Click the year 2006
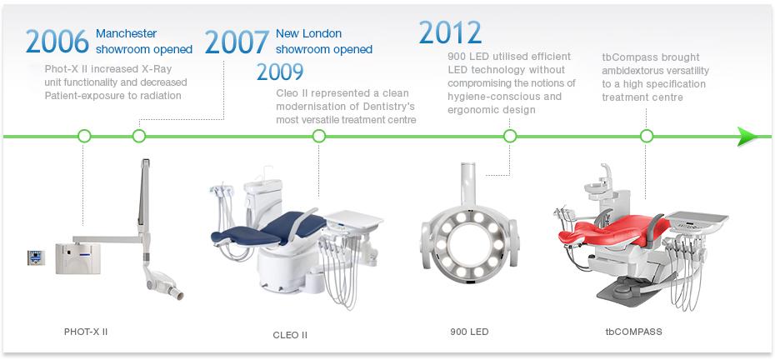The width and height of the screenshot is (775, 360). (x=57, y=42)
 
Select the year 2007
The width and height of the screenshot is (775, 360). (x=237, y=42)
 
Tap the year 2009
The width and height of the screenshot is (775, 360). (x=280, y=72)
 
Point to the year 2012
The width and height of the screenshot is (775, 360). (x=450, y=32)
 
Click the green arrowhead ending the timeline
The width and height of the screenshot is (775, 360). (x=747, y=137)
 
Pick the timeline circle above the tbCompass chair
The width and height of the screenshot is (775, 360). (x=647, y=136)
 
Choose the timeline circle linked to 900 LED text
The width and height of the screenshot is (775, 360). (x=510, y=136)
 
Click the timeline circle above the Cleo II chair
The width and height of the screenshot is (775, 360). (x=319, y=136)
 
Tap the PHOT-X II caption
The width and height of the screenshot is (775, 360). (x=86, y=332)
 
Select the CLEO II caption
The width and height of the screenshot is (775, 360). (x=290, y=335)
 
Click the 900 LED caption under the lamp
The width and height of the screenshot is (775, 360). (x=469, y=332)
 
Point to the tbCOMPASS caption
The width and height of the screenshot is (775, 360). (x=633, y=332)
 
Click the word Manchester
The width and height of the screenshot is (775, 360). (x=126, y=33)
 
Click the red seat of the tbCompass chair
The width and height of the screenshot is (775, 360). (x=612, y=232)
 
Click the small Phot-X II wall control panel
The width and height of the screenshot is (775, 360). (x=36, y=257)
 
